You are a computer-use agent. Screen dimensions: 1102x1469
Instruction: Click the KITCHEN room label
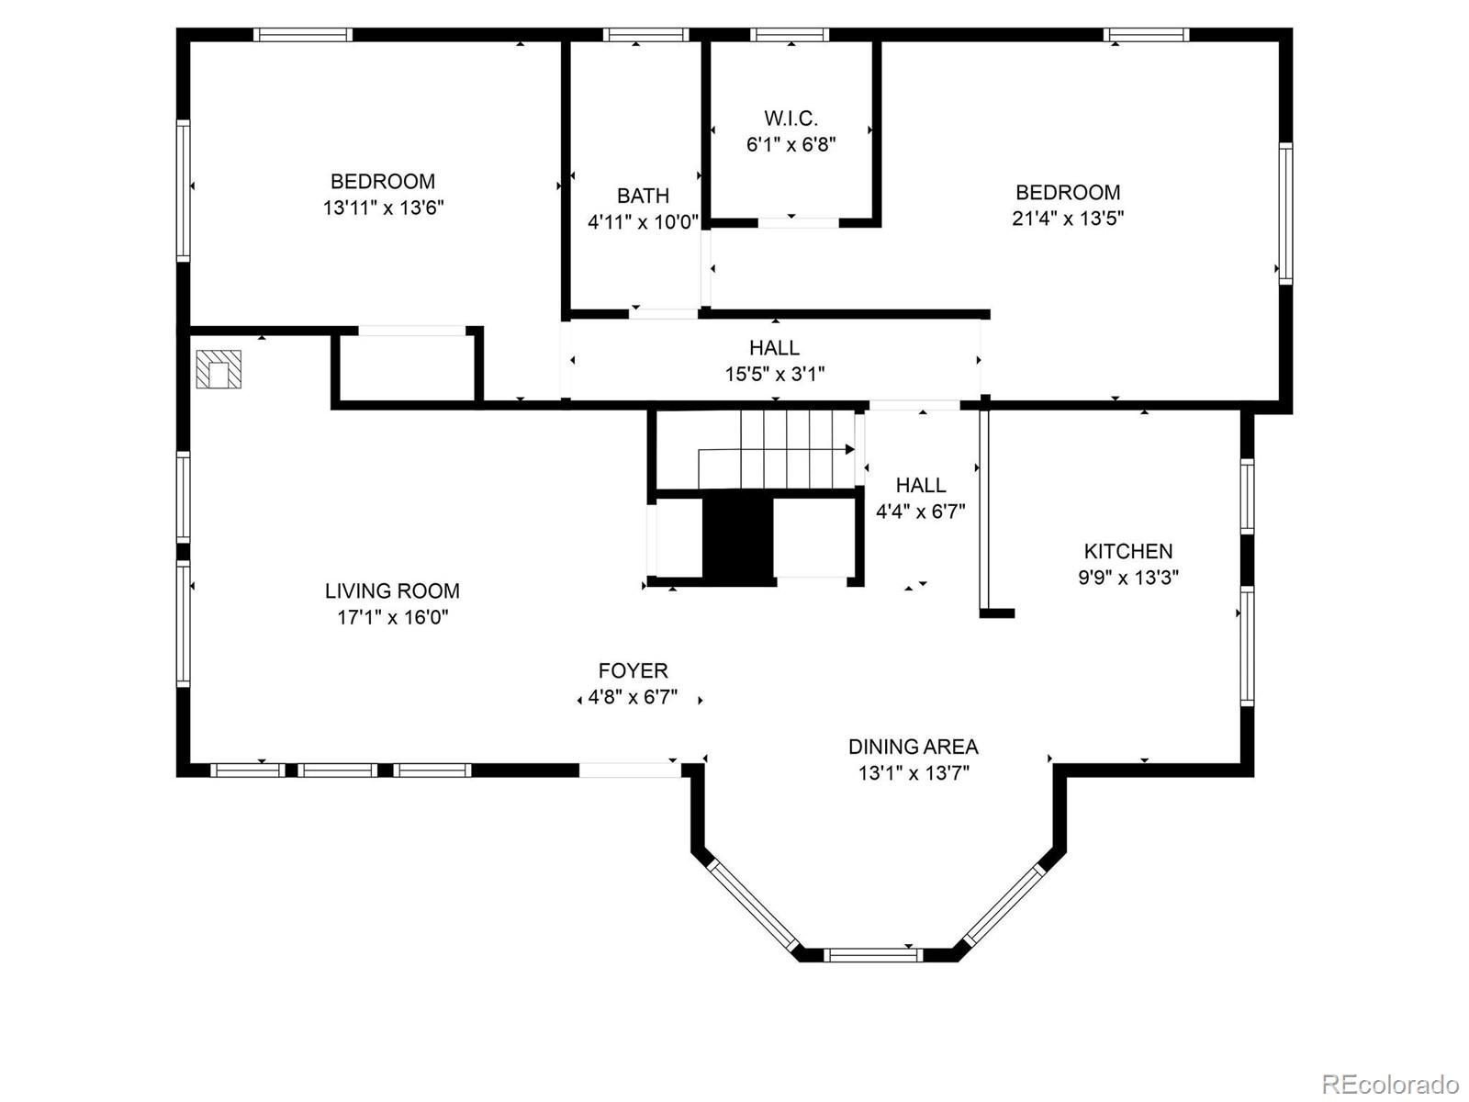1127,551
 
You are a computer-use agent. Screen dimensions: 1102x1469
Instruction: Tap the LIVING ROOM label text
392,590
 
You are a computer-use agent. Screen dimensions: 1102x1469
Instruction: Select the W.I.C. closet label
791,118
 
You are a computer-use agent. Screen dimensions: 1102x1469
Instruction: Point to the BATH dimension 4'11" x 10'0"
643,222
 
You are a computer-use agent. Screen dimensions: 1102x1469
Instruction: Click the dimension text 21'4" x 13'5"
1068,219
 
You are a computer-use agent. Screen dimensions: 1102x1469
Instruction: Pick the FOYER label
633,670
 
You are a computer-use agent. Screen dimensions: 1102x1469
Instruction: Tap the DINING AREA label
913,747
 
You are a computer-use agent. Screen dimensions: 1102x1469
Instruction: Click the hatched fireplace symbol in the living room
219,369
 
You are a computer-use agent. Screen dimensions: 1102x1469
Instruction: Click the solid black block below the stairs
738,536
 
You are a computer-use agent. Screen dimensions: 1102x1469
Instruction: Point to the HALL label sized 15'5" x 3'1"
774,348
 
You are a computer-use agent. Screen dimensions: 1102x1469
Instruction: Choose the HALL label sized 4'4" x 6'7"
920,486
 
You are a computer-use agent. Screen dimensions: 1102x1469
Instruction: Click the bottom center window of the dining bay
871,955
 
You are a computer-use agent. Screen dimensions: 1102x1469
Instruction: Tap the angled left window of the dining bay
754,905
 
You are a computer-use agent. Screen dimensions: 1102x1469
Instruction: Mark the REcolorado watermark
1389,1084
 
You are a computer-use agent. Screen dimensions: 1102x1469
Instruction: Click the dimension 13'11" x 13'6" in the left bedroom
383,208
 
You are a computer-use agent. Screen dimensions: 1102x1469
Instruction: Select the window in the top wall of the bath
645,35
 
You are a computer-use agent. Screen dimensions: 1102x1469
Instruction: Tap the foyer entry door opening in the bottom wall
630,770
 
